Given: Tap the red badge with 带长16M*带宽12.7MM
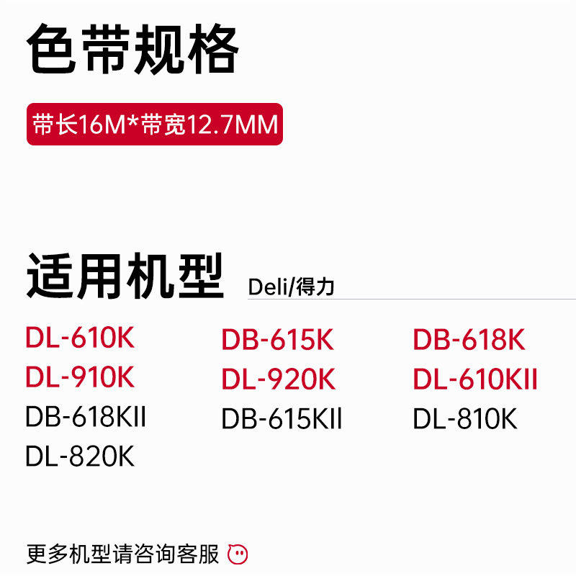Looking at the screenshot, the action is pos(154,125).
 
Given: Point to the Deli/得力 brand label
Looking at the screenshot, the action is pos(291,287).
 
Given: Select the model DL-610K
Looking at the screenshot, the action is pos(80,338).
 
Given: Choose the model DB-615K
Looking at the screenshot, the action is pos(278,341).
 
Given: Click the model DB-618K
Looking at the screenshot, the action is pos(469,341).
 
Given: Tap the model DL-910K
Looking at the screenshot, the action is pos(80,377).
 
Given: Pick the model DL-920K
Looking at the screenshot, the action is pos(278,379).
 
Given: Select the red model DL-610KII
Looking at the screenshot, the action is pos(475,379).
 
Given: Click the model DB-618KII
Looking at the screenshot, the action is pos(86,417).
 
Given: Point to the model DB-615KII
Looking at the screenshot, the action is pos(282,419).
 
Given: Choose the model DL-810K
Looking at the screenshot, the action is pos(465,419).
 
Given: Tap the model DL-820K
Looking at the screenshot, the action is pos(80,456).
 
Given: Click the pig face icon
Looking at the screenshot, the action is pos(238,554).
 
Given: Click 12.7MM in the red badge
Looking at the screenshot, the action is pos(233,125).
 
